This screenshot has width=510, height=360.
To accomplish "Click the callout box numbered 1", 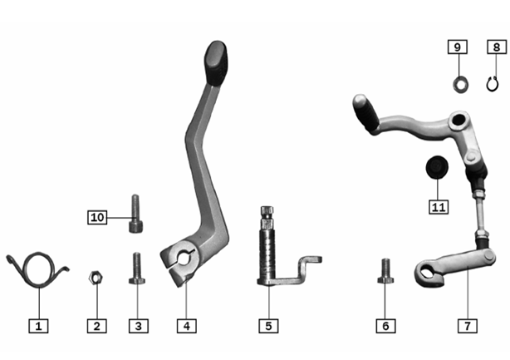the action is [x=38, y=326].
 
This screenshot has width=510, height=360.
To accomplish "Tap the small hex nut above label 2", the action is [x=96, y=278].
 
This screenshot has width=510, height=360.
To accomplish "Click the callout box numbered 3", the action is [x=139, y=326].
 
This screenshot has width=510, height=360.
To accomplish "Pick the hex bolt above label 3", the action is [x=137, y=269].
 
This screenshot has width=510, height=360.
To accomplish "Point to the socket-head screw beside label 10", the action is [x=135, y=214].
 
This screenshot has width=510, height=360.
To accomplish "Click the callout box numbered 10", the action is [x=97, y=217].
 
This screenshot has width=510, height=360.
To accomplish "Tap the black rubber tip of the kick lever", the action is [x=216, y=63].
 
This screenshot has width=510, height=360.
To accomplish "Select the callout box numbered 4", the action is [x=187, y=326].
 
